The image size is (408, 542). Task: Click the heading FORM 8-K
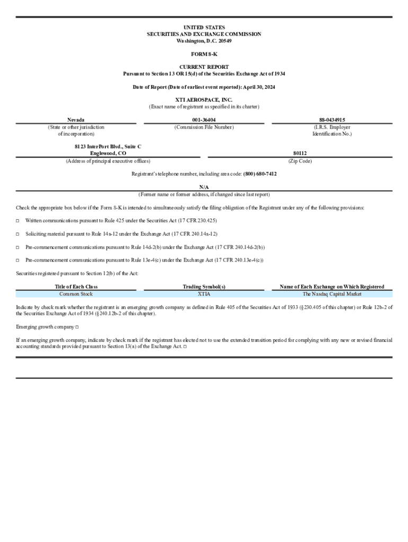pyautogui.click(x=203, y=54)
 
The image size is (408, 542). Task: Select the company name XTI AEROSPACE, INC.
pyautogui.click(x=203, y=100)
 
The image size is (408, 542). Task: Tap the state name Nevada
pyautogui.click(x=76, y=120)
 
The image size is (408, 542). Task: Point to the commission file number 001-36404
pyautogui.click(x=203, y=120)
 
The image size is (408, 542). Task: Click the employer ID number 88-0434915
pyautogui.click(x=332, y=120)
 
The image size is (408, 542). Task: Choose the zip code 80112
pyautogui.click(x=300, y=153)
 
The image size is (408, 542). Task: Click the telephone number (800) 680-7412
pyautogui.click(x=260, y=174)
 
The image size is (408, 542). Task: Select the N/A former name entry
pyautogui.click(x=203, y=187)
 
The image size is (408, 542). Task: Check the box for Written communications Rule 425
pyautogui.click(x=17, y=221)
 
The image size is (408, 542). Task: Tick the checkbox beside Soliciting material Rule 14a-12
pyautogui.click(x=17, y=234)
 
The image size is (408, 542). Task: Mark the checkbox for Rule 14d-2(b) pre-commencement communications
pyautogui.click(x=17, y=247)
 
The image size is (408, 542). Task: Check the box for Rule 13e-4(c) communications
pyautogui.click(x=17, y=260)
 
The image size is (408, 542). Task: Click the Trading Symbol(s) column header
pyautogui.click(x=203, y=287)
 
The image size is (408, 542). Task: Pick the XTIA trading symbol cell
pyautogui.click(x=203, y=294)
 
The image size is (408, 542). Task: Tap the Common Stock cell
pyautogui.click(x=76, y=294)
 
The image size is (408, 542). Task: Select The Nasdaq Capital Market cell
pyautogui.click(x=332, y=294)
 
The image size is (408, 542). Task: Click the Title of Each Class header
pyautogui.click(x=76, y=287)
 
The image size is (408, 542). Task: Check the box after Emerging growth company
pyautogui.click(x=77, y=327)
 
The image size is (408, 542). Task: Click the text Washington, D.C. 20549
pyautogui.click(x=203, y=41)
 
